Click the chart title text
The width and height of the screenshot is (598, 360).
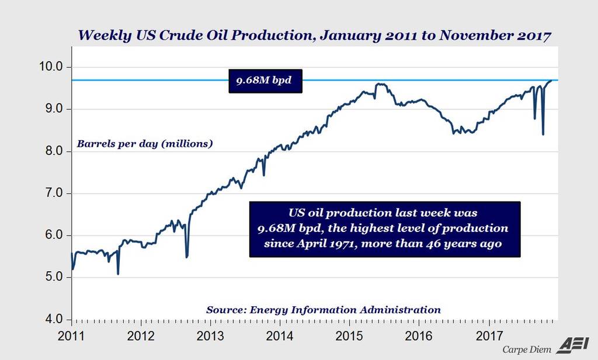pos(314,35)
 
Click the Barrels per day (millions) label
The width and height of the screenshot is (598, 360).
pos(145,143)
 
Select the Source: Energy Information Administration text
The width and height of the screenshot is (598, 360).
pos(323,310)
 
